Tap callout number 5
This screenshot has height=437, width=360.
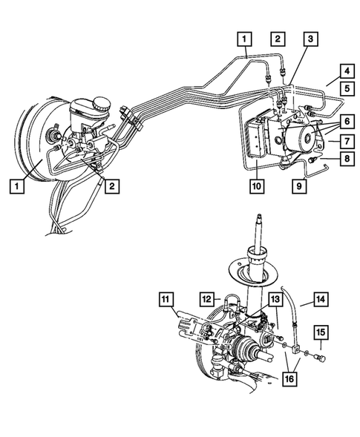coord(347,88)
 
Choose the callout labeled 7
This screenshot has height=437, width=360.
coord(347,139)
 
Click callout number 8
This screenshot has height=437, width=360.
coord(347,158)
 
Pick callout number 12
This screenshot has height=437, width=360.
coord(209,299)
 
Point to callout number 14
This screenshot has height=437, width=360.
coord(321,299)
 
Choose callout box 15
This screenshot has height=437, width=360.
coord(321,331)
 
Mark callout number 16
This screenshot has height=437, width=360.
coord(290,381)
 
